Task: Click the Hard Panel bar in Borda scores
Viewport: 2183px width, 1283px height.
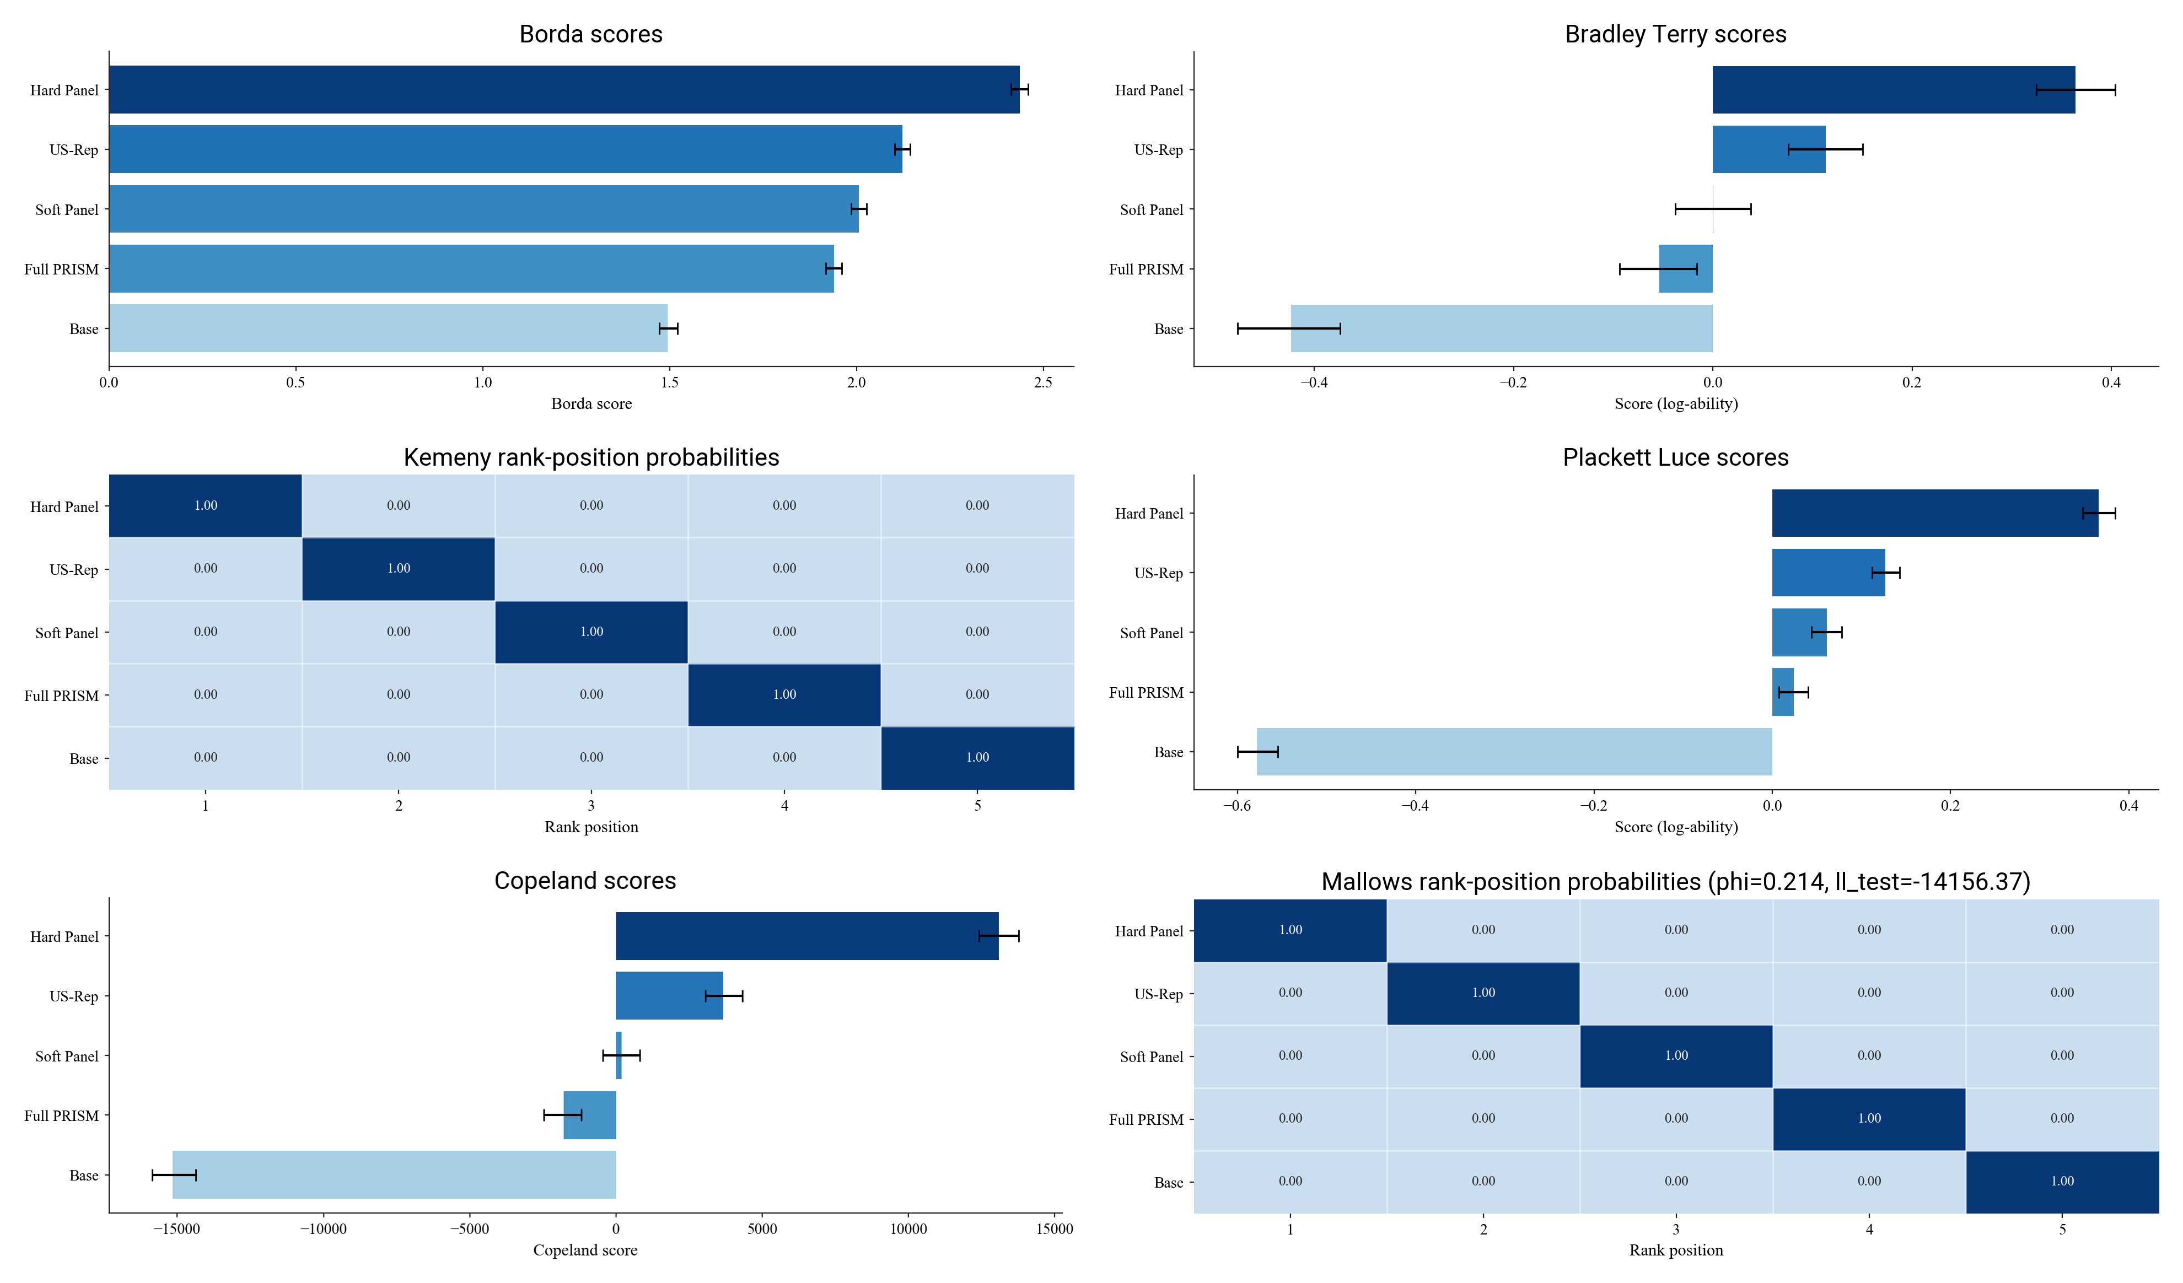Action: [563, 89]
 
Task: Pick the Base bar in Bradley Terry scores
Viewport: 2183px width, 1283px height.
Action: [1501, 328]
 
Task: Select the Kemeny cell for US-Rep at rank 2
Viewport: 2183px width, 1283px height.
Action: [399, 569]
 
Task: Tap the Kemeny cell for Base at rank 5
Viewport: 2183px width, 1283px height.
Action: [977, 758]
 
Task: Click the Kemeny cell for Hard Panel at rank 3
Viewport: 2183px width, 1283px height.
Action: [592, 506]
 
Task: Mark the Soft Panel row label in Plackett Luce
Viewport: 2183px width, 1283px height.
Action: [1150, 633]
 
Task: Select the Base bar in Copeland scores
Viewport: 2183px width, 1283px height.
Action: [394, 1175]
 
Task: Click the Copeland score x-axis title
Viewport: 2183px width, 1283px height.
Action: [585, 1250]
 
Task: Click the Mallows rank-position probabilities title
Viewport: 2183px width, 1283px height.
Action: [1675, 881]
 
